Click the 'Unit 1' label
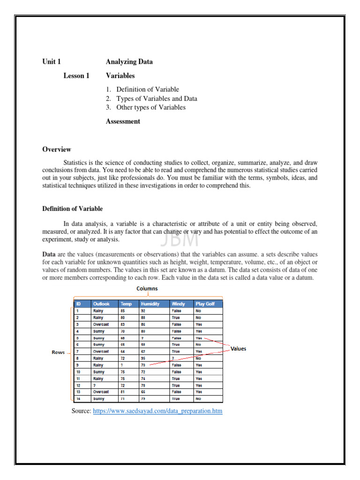(x=52, y=61)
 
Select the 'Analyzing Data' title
(x=129, y=61)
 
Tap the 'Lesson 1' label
(x=76, y=75)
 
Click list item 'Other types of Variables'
(x=150, y=107)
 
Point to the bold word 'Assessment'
(x=123, y=121)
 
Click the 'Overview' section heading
(x=57, y=150)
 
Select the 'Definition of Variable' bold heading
(x=73, y=209)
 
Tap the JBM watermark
(x=180, y=239)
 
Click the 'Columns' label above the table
(x=147, y=289)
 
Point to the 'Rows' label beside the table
(x=59, y=352)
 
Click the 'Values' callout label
(x=238, y=349)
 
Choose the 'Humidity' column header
(x=150, y=304)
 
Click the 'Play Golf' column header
(x=205, y=304)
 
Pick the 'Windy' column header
(x=178, y=304)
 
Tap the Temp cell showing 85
(x=123, y=310)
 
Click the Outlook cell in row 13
(x=101, y=392)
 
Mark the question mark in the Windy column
(x=173, y=358)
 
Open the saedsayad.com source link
(x=157, y=411)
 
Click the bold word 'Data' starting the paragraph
(x=50, y=254)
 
